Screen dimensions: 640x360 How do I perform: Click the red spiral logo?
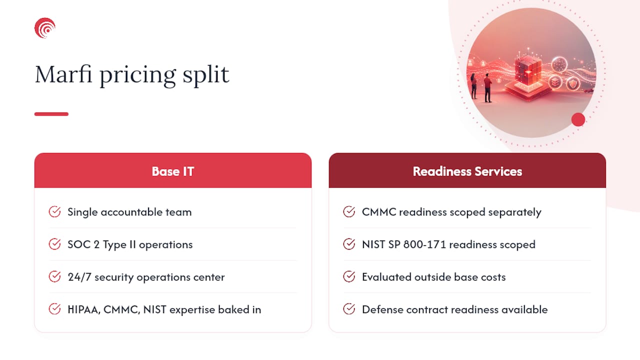[x=45, y=28]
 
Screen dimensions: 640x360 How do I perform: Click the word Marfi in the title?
[x=63, y=74]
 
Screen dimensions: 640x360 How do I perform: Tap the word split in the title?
[x=205, y=75]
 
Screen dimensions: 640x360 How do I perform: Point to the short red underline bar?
[x=51, y=114]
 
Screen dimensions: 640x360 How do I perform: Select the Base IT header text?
[x=173, y=171]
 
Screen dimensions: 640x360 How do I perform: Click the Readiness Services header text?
[x=467, y=171]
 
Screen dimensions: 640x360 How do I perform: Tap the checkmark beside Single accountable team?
[x=54, y=211]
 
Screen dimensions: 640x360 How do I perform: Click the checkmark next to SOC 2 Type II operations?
[x=54, y=244]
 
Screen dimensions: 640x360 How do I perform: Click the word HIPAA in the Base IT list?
[x=83, y=309]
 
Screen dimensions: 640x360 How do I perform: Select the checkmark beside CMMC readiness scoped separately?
[x=349, y=211]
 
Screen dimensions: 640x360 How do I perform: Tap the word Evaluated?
[x=386, y=277]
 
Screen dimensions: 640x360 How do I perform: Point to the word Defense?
[x=382, y=309]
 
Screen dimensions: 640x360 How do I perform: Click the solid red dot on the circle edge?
[x=578, y=119]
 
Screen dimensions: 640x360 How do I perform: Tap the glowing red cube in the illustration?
[x=528, y=69]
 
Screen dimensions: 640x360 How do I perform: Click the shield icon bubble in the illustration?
[x=573, y=83]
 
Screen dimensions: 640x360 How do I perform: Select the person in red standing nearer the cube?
[x=487, y=87]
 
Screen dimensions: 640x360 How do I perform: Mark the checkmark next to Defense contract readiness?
[x=349, y=309]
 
